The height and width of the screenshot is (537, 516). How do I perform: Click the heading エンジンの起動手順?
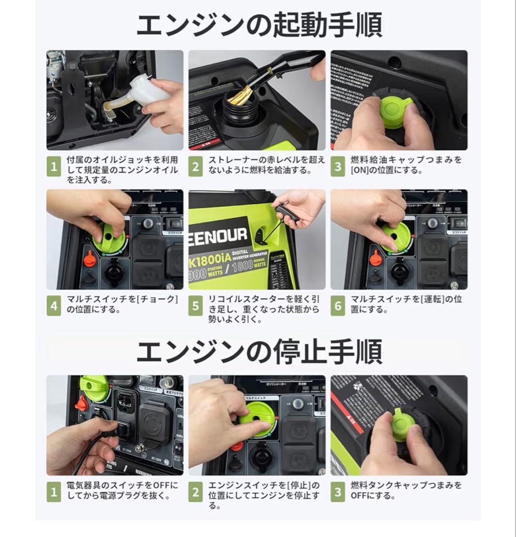258,25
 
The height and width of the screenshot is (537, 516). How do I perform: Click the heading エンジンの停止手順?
258,352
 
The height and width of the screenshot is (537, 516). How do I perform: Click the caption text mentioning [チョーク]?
121,304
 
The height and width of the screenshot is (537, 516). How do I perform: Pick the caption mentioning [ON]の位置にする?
405,165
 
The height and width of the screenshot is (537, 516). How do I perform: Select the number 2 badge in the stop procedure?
195,492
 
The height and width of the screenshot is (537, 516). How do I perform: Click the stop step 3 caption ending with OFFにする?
405,490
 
